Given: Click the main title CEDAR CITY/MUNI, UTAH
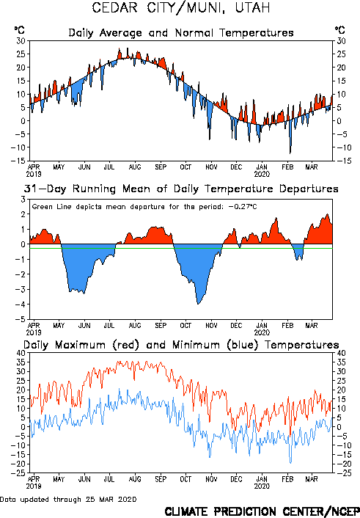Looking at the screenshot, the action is coord(180,8).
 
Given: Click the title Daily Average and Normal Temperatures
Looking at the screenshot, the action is coord(181,33).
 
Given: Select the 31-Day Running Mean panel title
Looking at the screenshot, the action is coord(181,189).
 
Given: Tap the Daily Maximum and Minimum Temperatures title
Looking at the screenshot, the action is coord(181,345).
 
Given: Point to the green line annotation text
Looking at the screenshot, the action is coord(144,207).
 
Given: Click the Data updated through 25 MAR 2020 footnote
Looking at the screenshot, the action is coord(68,499).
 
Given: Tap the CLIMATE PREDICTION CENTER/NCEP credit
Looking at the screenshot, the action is coord(262,511).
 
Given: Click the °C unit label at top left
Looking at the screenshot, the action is coord(20,30).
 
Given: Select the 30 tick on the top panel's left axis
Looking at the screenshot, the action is coord(21,40).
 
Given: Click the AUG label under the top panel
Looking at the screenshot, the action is coord(135,167).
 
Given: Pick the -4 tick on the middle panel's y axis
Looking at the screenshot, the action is coord(21,304).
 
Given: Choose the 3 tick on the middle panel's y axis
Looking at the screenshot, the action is coord(23,200).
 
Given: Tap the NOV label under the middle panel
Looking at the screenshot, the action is coord(211,326).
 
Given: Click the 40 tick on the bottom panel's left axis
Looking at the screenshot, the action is coord(21,353).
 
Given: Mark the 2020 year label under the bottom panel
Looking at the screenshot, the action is coord(262,486).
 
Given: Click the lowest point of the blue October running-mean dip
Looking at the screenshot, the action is coord(198,304).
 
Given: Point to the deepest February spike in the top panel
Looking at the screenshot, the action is coord(290,153).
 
